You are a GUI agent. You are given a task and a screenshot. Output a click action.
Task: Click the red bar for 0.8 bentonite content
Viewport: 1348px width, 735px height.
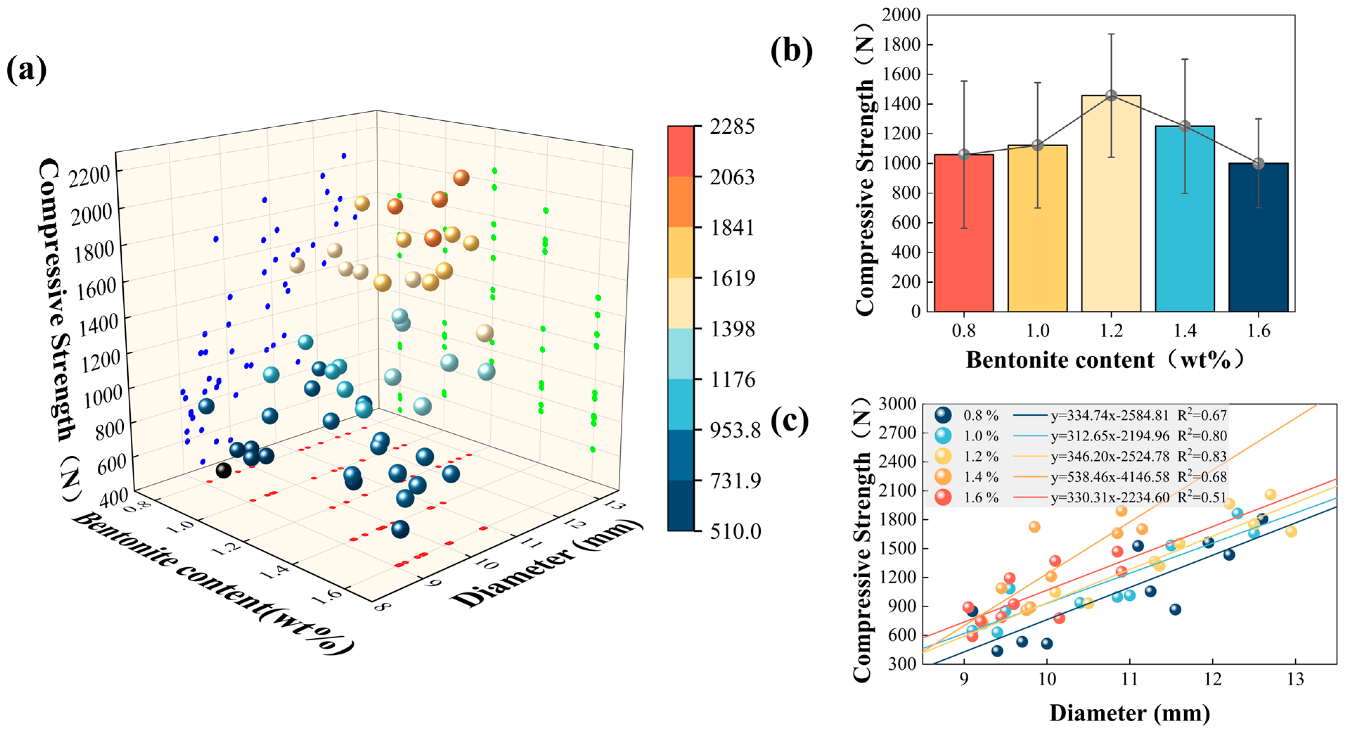coord(963,233)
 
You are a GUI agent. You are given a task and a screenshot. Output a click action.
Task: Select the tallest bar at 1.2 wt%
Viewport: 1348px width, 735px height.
coord(1111,204)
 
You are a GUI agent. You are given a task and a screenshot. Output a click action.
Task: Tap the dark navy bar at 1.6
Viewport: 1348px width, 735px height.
coord(1258,238)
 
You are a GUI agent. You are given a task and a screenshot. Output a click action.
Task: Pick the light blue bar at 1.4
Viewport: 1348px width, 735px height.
coord(1185,219)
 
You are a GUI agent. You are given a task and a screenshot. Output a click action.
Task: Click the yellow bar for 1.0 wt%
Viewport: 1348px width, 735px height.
coord(1037,228)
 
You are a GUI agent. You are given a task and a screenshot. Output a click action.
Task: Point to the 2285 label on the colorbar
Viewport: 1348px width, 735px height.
coord(731,127)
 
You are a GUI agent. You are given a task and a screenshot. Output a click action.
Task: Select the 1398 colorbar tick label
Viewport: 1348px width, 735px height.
coord(732,329)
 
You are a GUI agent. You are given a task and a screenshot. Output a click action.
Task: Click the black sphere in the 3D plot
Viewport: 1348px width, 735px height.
coord(224,470)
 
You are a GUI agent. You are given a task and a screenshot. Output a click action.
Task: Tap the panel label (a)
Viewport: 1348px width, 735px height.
coord(26,70)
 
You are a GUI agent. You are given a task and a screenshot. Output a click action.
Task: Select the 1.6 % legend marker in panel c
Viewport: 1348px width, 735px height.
coord(943,497)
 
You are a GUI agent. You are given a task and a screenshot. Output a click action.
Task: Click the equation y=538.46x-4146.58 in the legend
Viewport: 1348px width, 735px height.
coord(1110,477)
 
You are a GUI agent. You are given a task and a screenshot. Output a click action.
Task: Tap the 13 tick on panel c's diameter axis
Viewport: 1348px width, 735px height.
coord(1295,679)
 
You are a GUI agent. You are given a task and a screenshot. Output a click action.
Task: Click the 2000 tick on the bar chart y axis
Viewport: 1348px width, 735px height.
coord(901,15)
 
